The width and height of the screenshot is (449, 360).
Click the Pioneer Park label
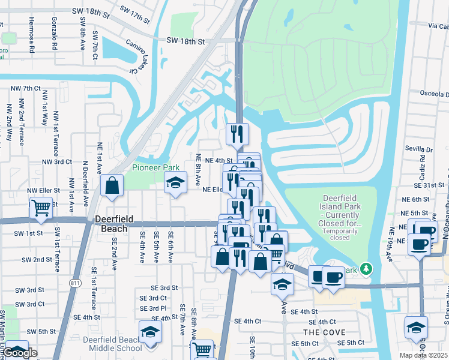155,167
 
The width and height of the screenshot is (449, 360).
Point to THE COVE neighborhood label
324,332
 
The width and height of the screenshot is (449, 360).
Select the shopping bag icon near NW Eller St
112,185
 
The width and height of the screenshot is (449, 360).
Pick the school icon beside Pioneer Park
175,182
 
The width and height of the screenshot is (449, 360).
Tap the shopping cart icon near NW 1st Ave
41,208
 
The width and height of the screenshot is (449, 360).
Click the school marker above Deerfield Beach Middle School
151,332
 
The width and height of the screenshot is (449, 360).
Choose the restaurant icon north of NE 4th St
237,134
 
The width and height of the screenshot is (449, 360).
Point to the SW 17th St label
134,14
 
